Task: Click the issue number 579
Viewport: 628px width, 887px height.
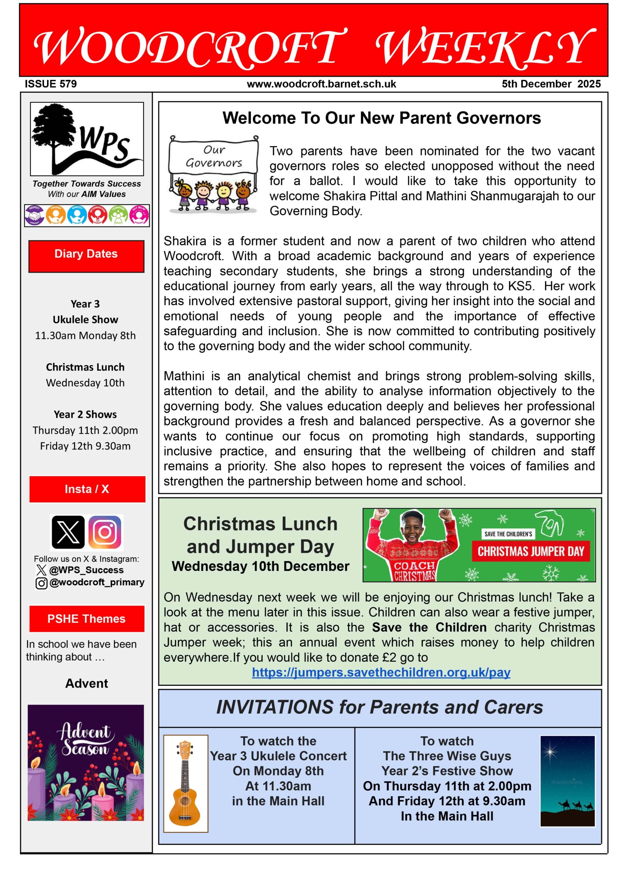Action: tap(68, 84)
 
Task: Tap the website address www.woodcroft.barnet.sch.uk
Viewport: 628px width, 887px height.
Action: tap(321, 84)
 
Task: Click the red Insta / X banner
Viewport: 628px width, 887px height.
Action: tap(87, 489)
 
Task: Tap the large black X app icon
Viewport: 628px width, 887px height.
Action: tap(68, 532)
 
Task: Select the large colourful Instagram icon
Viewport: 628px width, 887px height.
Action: tap(105, 532)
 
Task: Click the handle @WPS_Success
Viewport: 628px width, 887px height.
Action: tap(86, 570)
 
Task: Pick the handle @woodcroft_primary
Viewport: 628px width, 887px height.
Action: tap(97, 582)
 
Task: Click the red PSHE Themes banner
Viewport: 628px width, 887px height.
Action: tap(87, 618)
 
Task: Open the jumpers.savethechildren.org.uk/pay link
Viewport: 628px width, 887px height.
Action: tap(381, 672)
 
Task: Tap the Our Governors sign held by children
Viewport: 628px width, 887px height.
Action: tap(214, 157)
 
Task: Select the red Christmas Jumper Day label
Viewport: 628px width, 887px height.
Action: tap(531, 551)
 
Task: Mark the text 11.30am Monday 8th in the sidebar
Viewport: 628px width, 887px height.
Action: tap(86, 335)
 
